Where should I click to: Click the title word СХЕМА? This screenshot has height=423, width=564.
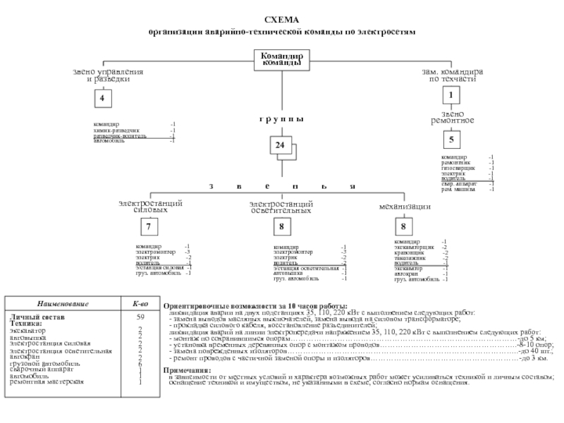(x=281, y=20)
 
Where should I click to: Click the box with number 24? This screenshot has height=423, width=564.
(x=281, y=145)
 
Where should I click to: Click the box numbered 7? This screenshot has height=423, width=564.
(x=149, y=227)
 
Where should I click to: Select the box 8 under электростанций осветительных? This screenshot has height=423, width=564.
(x=281, y=227)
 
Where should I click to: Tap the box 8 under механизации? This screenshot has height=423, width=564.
(x=403, y=227)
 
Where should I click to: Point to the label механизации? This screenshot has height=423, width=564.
(x=405, y=207)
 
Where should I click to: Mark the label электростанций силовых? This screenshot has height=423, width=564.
(x=151, y=207)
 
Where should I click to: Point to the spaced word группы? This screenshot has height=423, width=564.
(x=281, y=118)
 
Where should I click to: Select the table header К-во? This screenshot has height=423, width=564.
(x=140, y=304)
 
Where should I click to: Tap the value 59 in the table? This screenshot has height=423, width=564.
(x=140, y=317)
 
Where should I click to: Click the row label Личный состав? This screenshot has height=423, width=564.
(x=32, y=317)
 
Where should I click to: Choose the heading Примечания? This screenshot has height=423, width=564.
(x=186, y=370)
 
